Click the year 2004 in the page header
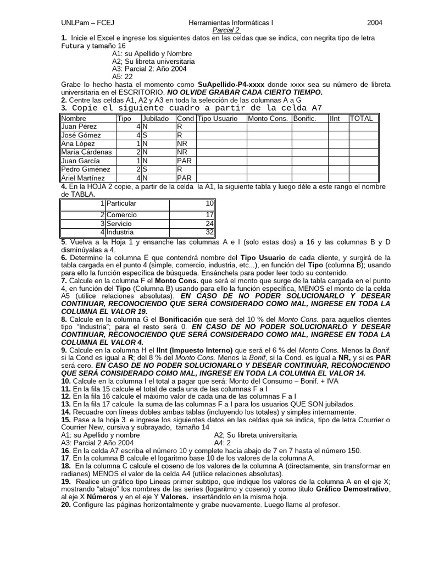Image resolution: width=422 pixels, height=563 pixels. tap(375, 23)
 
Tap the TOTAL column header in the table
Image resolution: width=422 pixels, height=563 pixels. tap(361, 118)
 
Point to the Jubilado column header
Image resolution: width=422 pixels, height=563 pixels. tap(156, 118)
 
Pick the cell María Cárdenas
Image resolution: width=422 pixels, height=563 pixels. tap(87, 152)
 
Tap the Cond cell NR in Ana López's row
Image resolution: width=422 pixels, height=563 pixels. tap(182, 143)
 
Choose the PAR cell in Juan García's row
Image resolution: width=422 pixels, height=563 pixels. tap(184, 161)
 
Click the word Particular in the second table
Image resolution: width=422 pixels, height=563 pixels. tap(121, 203)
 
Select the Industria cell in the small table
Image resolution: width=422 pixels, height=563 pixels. tap(120, 232)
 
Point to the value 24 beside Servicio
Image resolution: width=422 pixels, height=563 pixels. tap(209, 224)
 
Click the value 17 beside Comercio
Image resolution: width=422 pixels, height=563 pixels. tap(209, 215)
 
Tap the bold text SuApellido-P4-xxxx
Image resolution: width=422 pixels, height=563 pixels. tap(231, 85)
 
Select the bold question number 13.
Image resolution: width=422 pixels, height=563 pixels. tap(66, 403)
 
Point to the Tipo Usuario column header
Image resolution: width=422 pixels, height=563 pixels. tap(218, 118)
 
